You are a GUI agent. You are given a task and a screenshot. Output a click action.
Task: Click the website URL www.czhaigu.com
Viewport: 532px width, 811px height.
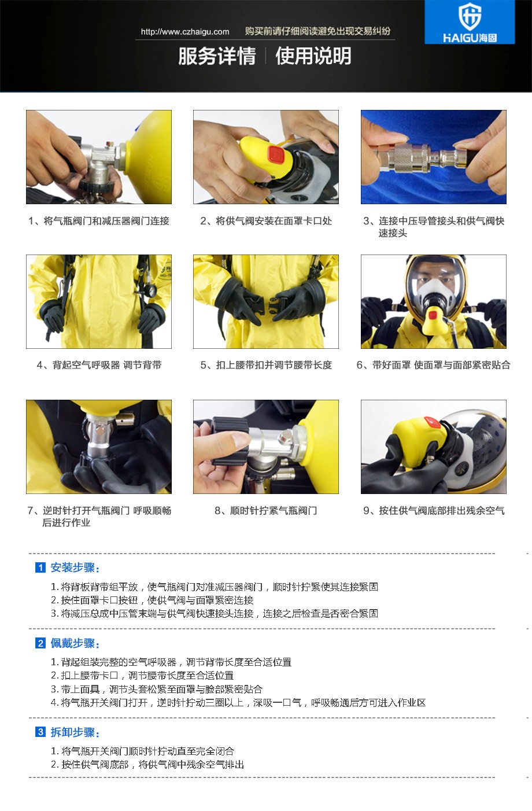[185, 32]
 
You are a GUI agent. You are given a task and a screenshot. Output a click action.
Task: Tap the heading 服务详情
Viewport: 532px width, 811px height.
[217, 56]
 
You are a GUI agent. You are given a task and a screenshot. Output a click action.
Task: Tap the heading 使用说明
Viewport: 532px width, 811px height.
[313, 56]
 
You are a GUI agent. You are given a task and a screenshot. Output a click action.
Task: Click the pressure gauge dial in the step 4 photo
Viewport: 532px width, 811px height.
[152, 290]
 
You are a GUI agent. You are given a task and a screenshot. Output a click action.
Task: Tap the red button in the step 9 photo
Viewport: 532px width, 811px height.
[431, 422]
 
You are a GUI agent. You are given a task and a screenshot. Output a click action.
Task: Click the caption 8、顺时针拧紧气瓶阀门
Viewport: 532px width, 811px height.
[266, 511]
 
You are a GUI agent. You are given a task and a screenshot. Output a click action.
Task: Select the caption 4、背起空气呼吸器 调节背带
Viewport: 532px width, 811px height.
[99, 365]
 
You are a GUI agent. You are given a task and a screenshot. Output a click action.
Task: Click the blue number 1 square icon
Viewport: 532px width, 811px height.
[40, 567]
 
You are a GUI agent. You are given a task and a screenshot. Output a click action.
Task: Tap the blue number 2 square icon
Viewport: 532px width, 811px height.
[40, 643]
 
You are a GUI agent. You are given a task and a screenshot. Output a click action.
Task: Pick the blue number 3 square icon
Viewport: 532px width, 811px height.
[40, 732]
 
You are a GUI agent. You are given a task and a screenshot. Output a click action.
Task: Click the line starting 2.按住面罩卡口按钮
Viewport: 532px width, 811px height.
[152, 600]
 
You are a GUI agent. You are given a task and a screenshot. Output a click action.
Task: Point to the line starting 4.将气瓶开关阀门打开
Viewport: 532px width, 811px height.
[238, 702]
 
